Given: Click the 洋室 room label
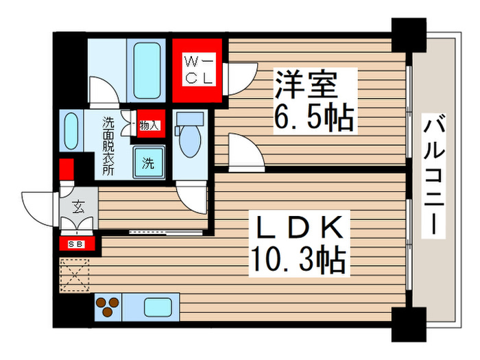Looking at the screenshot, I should point(306,86).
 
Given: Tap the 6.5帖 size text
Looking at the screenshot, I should point(315,119).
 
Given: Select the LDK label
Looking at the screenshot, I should point(300,227).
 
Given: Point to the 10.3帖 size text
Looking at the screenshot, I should point(299,260).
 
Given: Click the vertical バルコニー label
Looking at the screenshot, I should point(432,175).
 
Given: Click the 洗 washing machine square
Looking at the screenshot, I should point(149,163).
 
